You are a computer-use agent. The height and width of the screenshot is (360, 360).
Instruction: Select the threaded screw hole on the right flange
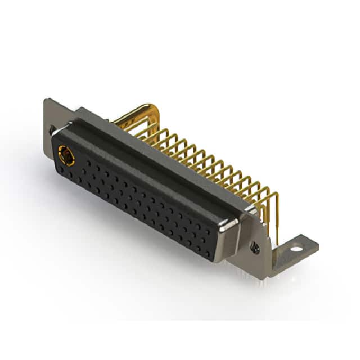(x=255, y=246)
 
